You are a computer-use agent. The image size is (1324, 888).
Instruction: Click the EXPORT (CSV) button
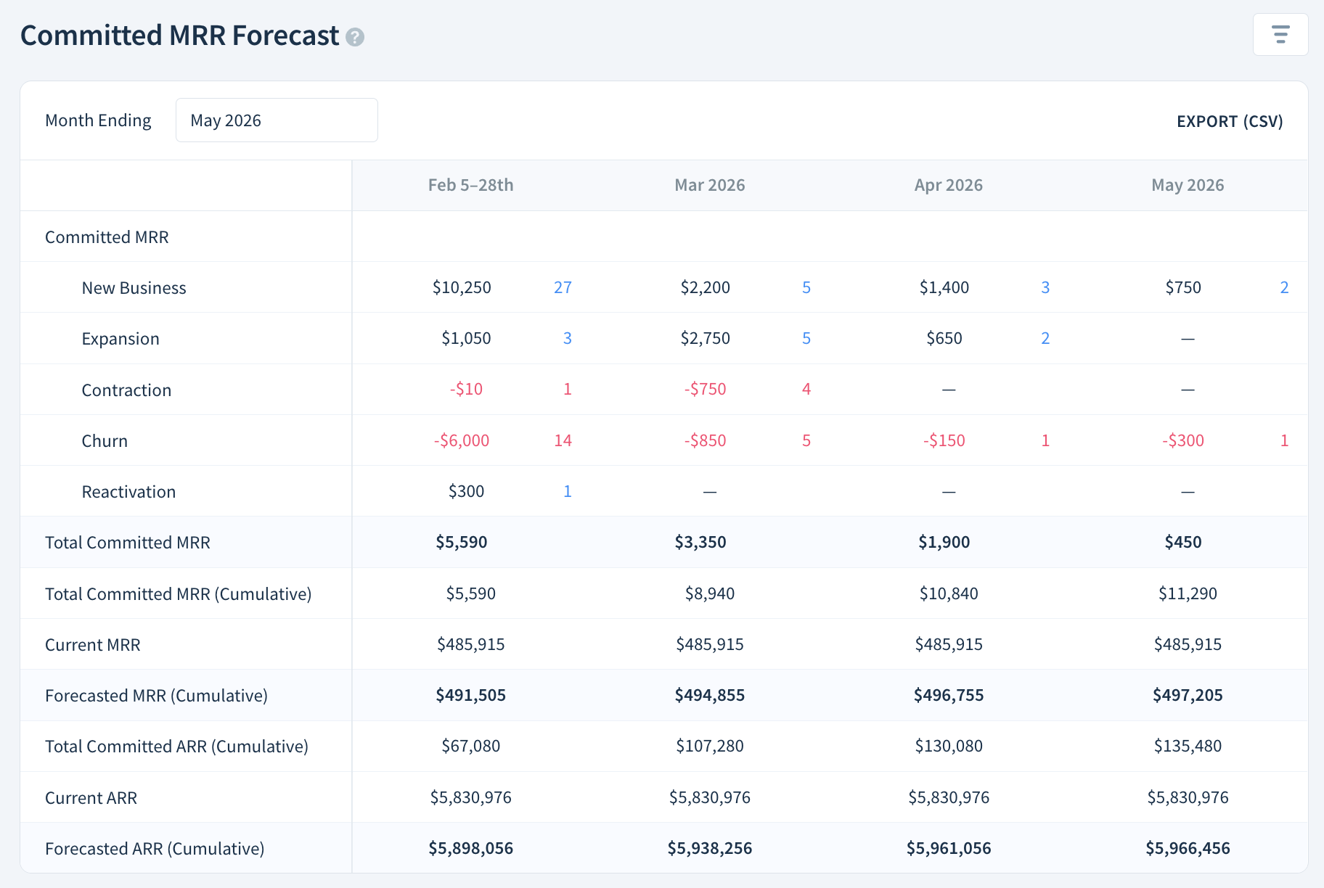click(1229, 121)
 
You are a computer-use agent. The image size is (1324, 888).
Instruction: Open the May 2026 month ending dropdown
click(276, 120)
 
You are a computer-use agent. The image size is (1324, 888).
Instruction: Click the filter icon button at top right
click(1280, 34)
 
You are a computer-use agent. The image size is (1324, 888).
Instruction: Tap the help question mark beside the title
click(355, 37)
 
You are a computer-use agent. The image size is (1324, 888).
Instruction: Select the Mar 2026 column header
click(709, 185)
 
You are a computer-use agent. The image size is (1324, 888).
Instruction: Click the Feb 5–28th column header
click(470, 185)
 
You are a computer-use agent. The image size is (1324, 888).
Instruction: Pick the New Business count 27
click(563, 287)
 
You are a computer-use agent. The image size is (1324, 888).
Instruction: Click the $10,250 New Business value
click(462, 287)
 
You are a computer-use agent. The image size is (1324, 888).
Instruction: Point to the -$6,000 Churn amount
click(462, 440)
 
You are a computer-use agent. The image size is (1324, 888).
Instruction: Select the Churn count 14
click(563, 440)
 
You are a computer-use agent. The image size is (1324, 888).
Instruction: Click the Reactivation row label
click(128, 492)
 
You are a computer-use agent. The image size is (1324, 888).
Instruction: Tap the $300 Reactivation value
click(466, 491)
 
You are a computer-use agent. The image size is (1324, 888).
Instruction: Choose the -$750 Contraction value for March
click(705, 389)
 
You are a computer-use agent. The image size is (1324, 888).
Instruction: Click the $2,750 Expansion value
click(705, 338)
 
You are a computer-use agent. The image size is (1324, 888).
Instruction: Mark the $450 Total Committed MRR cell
click(1182, 542)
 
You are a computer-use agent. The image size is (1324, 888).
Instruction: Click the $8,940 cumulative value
click(709, 593)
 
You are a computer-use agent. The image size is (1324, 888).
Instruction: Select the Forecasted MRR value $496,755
click(948, 695)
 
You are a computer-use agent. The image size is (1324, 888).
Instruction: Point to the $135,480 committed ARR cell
click(1188, 746)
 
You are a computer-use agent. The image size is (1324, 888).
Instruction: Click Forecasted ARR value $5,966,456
click(1188, 848)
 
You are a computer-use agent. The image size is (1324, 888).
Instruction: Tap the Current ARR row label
click(91, 798)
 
